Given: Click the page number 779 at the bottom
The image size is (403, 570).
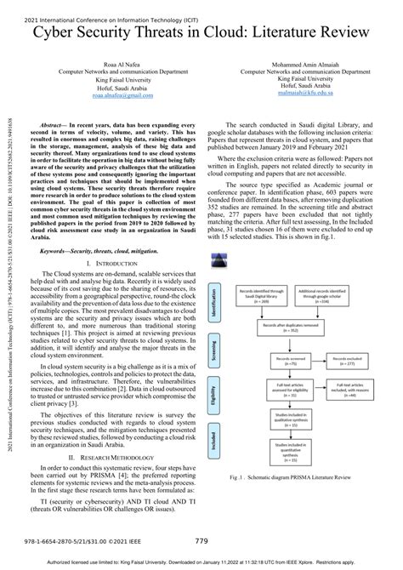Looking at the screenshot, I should click(201, 540).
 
